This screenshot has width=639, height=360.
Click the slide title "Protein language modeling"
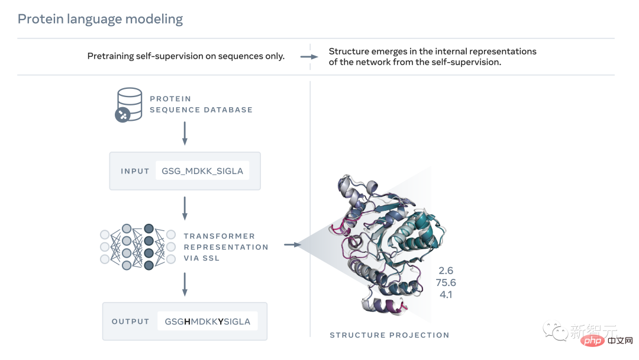click(100, 19)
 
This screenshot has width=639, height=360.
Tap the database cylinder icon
click(128, 105)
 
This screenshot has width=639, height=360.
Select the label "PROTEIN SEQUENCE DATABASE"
click(201, 104)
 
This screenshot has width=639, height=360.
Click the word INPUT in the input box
click(135, 171)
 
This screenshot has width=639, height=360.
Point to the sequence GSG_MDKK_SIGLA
click(202, 171)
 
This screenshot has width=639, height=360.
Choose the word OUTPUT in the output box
click(130, 322)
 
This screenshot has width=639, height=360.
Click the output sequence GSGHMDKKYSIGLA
click(207, 322)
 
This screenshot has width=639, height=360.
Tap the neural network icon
click(138, 247)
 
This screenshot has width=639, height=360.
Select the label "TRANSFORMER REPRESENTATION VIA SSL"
click(225, 247)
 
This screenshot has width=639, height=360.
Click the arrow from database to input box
click(185, 133)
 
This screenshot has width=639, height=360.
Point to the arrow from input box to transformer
click(185, 208)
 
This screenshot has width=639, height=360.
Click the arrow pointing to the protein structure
click(293, 244)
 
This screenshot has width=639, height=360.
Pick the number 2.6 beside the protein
click(446, 271)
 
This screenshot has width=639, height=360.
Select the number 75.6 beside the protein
click(446, 282)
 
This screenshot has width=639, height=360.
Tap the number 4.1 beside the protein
click(446, 294)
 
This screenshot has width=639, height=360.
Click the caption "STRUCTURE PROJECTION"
click(389, 335)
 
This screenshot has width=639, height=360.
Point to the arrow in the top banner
click(309, 57)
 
